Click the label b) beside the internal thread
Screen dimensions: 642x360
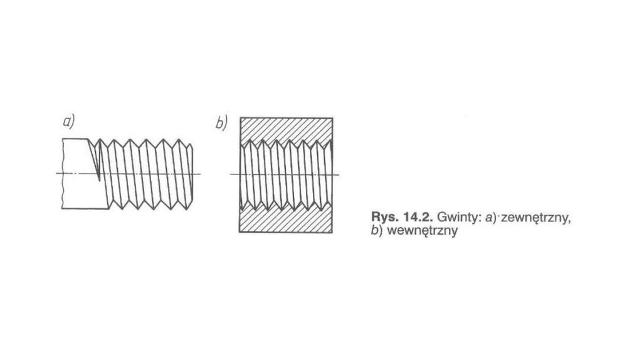pyautogui.click(x=221, y=123)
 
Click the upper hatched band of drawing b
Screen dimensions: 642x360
pyautogui.click(x=286, y=129)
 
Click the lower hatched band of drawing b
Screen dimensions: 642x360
pyautogui.click(x=286, y=220)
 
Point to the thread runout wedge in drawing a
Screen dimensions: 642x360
pyautogui.click(x=97, y=160)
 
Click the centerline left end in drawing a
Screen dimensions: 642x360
pyautogui.click(x=57, y=173)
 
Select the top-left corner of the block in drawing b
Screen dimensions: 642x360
pyautogui.click(x=239, y=118)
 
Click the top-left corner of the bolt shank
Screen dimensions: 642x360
pyautogui.click(x=63, y=139)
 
